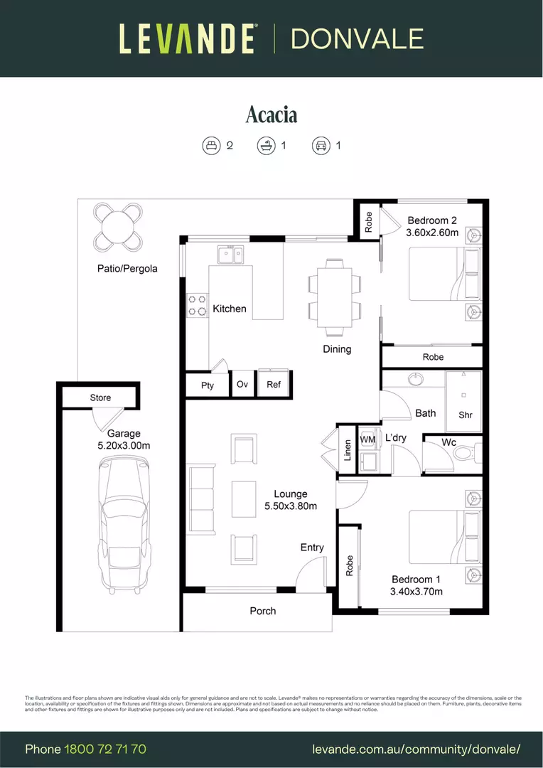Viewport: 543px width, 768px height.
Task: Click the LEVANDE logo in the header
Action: (187, 38)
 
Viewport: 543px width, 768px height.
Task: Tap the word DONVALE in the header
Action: (357, 38)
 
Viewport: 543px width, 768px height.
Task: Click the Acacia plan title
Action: (271, 114)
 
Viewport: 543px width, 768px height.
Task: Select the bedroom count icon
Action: (211, 146)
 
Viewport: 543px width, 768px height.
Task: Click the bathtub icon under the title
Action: (267, 146)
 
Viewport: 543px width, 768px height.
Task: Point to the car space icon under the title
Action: (321, 146)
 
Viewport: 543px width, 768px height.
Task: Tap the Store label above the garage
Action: (100, 398)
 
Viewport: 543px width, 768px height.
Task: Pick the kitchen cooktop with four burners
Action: (197, 306)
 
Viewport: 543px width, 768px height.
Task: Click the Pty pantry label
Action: (207, 385)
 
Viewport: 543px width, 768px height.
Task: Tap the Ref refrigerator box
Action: (274, 384)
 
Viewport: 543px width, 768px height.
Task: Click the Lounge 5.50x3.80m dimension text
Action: (291, 506)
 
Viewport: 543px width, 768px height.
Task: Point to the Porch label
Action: (262, 611)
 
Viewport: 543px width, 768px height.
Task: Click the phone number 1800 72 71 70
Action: (105, 749)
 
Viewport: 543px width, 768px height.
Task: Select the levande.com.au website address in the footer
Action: (416, 749)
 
